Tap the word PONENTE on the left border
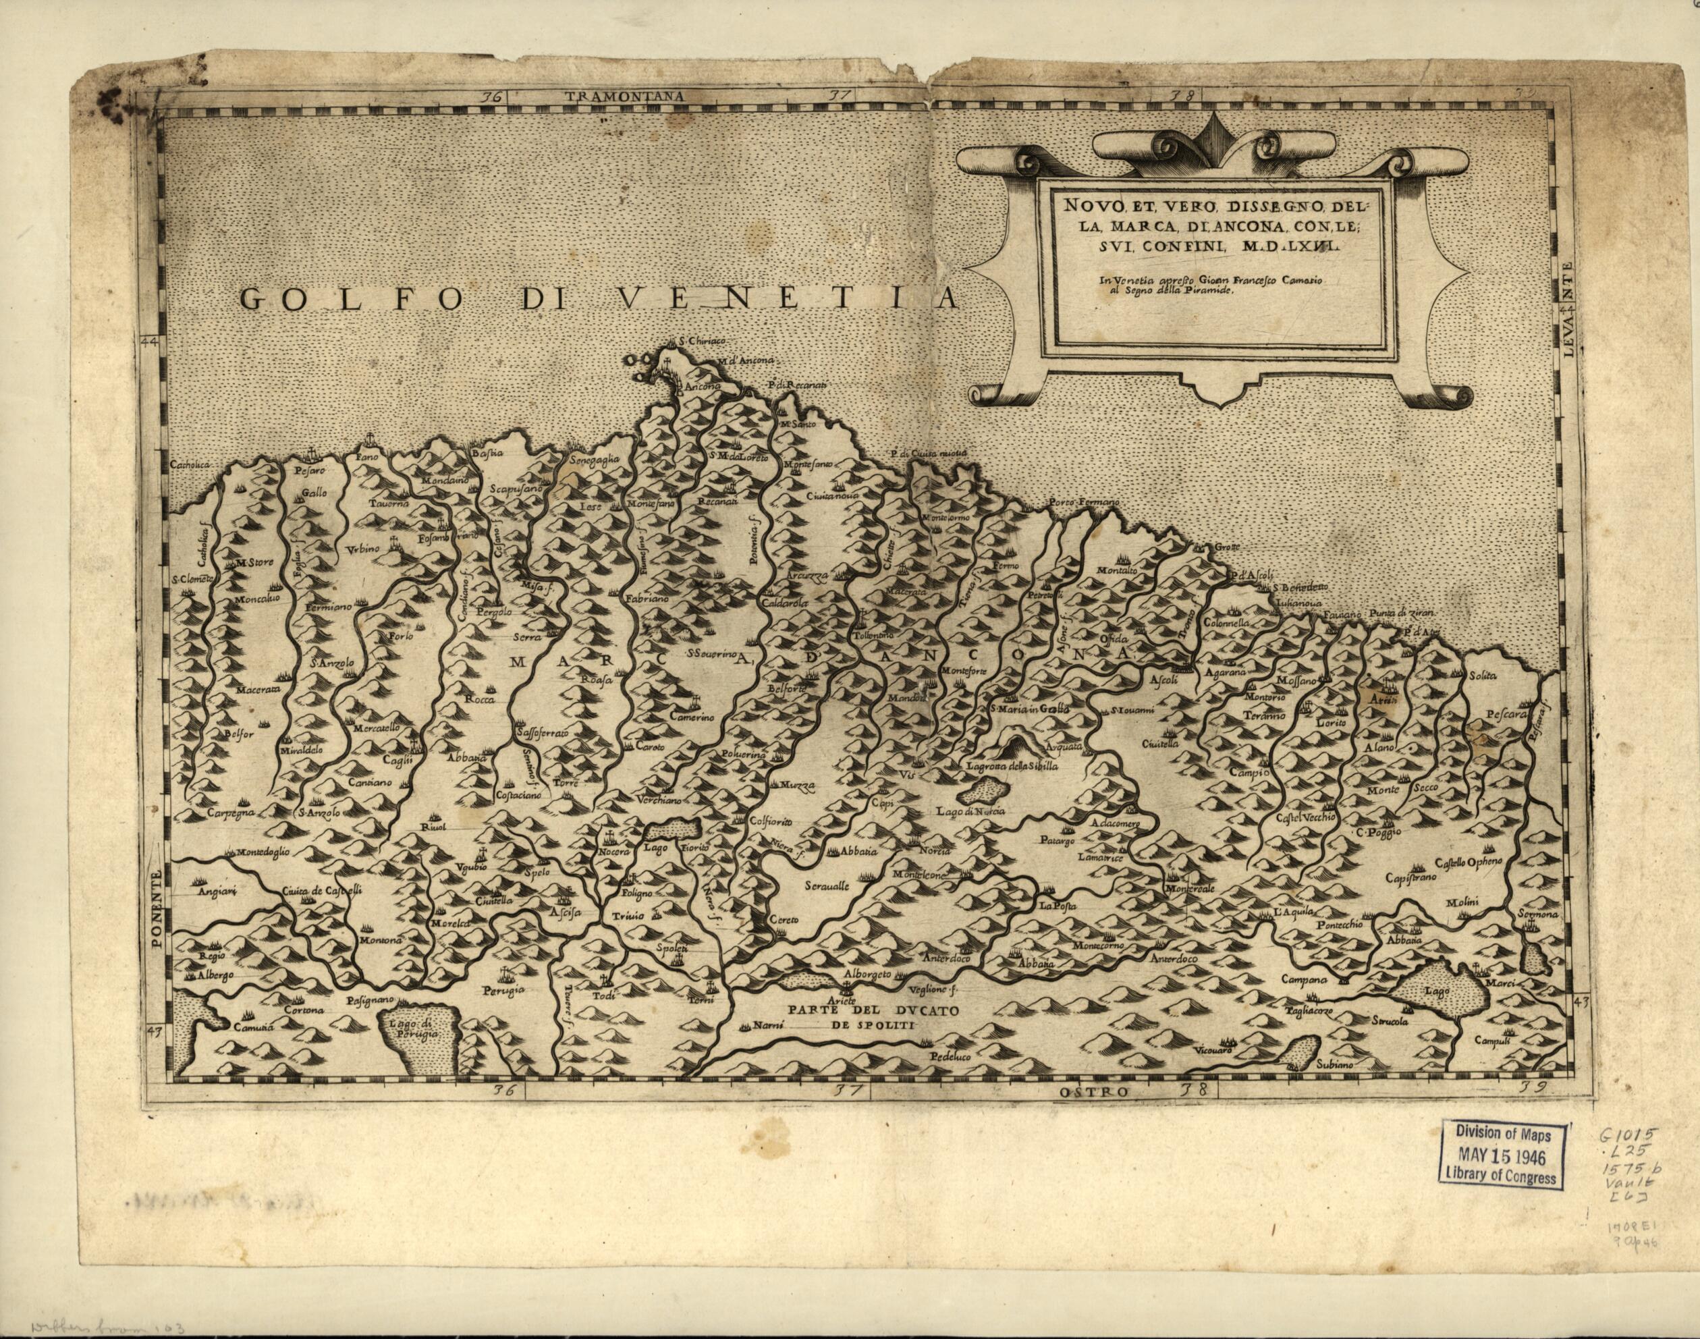157,909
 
